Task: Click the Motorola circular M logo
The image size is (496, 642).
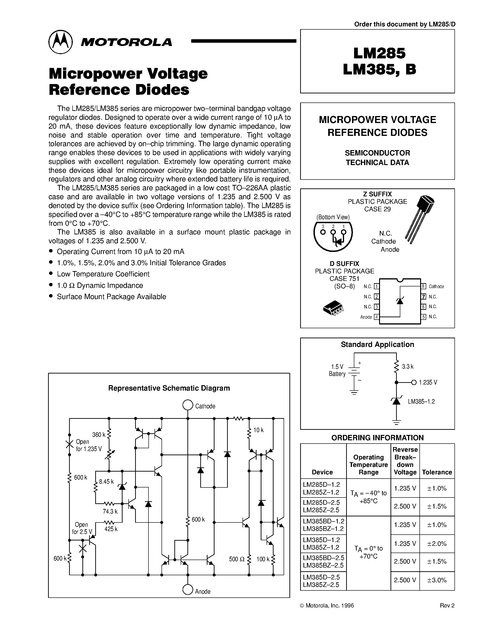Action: [x=60, y=42]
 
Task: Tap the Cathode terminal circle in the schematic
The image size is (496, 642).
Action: [x=187, y=405]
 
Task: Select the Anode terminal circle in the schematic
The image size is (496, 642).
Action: [x=187, y=589]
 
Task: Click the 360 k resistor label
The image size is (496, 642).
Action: [x=99, y=435]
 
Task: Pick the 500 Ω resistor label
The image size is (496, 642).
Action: [x=237, y=559]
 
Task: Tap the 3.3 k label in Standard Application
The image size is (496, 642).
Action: [x=408, y=367]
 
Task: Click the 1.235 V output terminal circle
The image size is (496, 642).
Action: [x=414, y=382]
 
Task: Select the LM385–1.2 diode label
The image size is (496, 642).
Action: [x=421, y=402]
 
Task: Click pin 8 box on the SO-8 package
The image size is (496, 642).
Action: [x=423, y=286]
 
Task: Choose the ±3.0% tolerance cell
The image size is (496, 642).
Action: [x=437, y=580]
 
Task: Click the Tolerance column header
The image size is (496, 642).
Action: [x=437, y=472]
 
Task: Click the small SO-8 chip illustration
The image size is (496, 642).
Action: [x=334, y=308]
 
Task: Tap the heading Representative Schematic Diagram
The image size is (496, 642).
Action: [x=169, y=388]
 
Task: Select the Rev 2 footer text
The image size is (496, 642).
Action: [x=447, y=606]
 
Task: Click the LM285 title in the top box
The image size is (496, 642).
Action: [x=379, y=53]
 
